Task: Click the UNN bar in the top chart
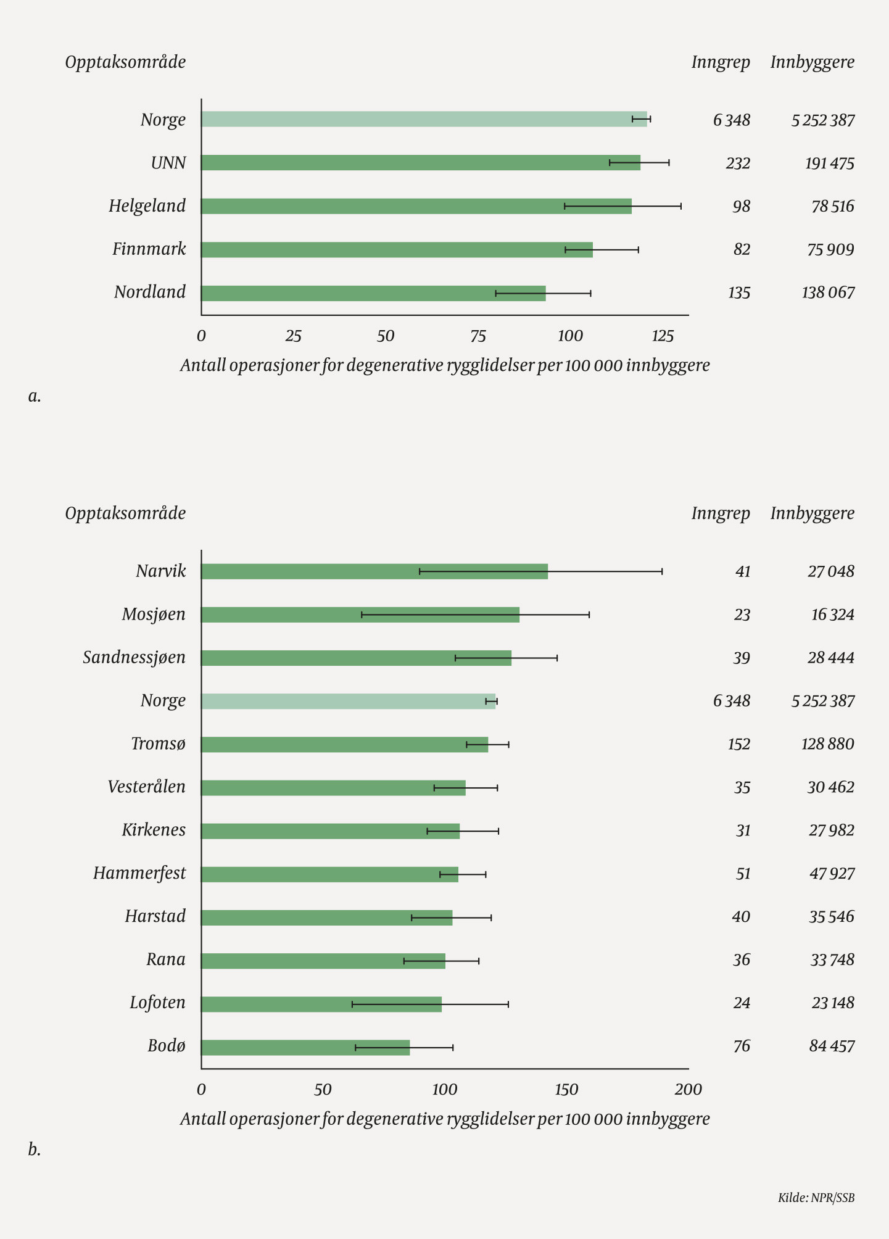(x=420, y=163)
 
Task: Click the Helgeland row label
(x=147, y=206)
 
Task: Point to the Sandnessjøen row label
(x=134, y=658)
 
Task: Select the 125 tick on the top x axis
(x=663, y=336)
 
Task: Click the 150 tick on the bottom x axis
(x=566, y=1090)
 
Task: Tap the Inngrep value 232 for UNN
(x=738, y=164)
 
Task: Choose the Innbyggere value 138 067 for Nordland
(x=828, y=292)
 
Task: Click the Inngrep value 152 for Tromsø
(x=739, y=744)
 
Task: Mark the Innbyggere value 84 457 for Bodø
(x=832, y=1046)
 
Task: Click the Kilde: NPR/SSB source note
(x=816, y=1198)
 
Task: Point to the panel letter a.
(x=35, y=396)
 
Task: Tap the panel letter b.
(x=35, y=1149)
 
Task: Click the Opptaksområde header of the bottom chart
(x=125, y=513)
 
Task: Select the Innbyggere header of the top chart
(x=812, y=62)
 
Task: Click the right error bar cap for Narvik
(x=662, y=571)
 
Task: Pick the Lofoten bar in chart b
(x=321, y=1004)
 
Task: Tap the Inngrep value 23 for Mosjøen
(x=742, y=615)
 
